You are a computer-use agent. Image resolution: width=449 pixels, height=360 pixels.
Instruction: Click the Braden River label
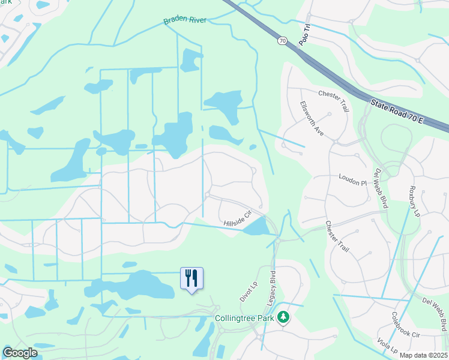pos(185,20)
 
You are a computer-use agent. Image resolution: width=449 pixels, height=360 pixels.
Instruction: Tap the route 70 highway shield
pos(282,41)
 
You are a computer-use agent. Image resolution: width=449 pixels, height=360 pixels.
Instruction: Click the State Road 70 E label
pos(397,112)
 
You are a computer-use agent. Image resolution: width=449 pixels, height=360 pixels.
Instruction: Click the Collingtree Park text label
pos(245,317)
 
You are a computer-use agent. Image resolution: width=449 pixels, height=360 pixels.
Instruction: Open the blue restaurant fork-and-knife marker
pos(192,278)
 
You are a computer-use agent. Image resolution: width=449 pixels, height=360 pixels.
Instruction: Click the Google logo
pos(20,353)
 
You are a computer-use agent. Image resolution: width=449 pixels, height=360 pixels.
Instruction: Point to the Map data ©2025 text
pos(423,355)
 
